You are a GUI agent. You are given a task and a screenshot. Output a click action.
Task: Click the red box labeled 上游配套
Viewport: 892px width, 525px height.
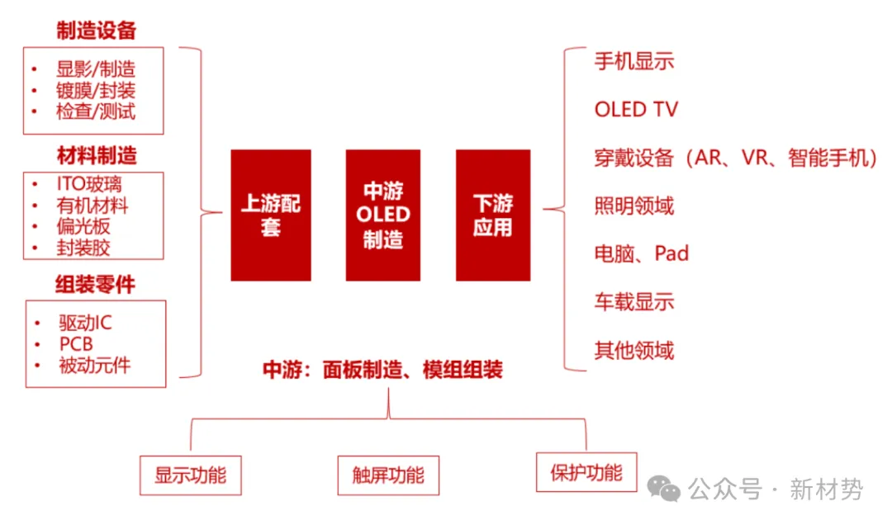(x=271, y=215)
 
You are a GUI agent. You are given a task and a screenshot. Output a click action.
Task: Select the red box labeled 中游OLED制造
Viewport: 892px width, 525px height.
(x=382, y=215)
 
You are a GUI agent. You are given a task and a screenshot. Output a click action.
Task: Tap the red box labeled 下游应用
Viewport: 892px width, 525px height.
(x=493, y=215)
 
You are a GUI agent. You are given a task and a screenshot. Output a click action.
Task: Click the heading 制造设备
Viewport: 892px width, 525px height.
(x=96, y=31)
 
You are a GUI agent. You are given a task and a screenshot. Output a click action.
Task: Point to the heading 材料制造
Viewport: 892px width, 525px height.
(x=97, y=155)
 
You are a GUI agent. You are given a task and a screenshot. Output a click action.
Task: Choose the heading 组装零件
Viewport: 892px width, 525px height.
(x=95, y=285)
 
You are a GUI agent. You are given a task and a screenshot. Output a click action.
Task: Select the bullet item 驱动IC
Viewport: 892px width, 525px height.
(x=85, y=323)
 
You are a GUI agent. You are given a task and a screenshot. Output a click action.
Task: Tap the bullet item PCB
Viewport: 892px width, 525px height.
(x=76, y=343)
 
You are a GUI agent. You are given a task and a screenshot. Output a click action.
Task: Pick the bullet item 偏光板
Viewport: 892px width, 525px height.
(x=83, y=226)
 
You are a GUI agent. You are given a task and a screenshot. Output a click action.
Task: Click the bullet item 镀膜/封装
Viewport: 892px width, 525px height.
(x=95, y=90)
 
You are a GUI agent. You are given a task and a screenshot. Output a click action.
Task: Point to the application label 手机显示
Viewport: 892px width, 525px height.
(x=634, y=61)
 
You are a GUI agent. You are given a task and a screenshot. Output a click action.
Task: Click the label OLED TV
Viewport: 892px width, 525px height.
(x=636, y=109)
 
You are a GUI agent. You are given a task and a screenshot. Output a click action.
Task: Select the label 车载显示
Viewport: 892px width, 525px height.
(x=634, y=301)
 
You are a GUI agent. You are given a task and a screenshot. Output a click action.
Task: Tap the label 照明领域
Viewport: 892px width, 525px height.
(x=634, y=206)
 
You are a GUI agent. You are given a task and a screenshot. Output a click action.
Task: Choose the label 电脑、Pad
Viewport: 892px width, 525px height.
(x=641, y=253)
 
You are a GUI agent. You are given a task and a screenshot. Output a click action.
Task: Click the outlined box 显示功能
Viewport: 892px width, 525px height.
(x=190, y=475)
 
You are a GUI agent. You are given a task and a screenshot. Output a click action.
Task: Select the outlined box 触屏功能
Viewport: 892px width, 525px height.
(x=388, y=475)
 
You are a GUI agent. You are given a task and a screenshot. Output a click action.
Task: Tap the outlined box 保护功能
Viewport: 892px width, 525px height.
(x=586, y=472)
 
